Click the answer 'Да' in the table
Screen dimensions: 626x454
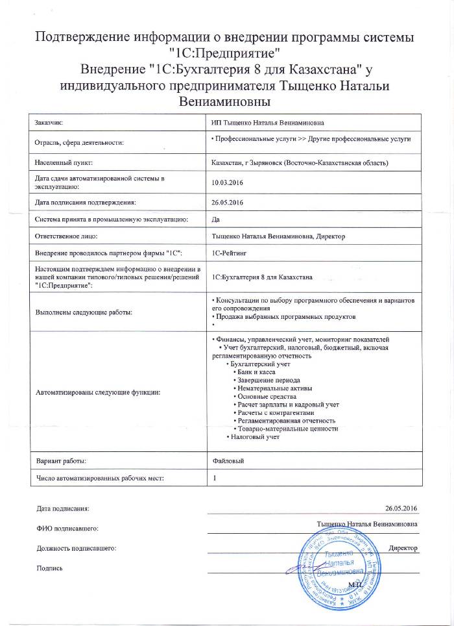(x=217, y=220)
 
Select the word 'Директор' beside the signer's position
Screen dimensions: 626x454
(x=403, y=547)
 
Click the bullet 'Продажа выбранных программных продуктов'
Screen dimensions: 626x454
(x=285, y=316)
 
